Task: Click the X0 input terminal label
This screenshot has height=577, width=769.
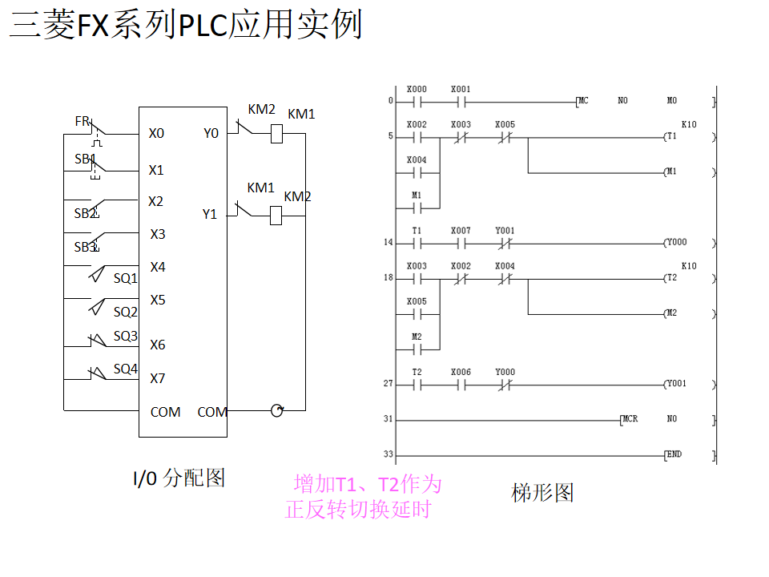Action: click(x=156, y=133)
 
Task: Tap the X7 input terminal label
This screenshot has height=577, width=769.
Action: click(x=158, y=378)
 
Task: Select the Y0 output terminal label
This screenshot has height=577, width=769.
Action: click(x=211, y=133)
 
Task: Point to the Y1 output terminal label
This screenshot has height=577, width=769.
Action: click(x=209, y=214)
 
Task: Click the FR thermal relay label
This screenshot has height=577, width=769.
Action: click(x=82, y=121)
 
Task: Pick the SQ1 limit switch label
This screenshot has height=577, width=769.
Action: click(x=125, y=278)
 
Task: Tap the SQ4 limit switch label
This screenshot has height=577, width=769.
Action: click(x=125, y=369)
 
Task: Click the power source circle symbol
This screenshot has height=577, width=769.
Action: click(x=277, y=411)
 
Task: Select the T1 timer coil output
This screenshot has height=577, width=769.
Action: click(x=670, y=136)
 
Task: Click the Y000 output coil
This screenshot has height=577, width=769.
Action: click(x=674, y=242)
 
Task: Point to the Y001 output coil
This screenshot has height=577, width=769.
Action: click(x=674, y=383)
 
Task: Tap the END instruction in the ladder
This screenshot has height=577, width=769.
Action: click(x=674, y=454)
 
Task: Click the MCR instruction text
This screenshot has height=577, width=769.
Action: click(x=630, y=419)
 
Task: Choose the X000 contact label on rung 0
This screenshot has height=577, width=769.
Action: click(x=417, y=89)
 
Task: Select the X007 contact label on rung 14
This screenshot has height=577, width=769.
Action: click(x=461, y=230)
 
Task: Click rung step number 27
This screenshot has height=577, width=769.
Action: click(x=389, y=384)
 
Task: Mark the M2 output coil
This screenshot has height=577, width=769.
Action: click(x=670, y=313)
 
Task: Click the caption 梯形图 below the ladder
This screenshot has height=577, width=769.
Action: click(x=542, y=492)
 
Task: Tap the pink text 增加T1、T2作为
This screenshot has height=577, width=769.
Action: click(x=368, y=484)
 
